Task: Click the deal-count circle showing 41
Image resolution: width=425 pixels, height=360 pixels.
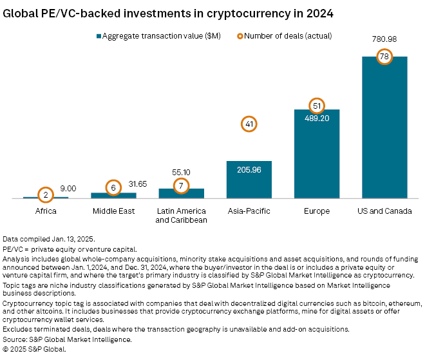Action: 249,124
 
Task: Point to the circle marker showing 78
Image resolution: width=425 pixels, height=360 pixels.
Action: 384,57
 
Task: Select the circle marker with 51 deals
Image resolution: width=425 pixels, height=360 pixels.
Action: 316,106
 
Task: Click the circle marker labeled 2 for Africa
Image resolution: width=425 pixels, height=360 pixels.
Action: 45,194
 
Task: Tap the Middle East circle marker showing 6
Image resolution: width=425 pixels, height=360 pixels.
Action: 113,187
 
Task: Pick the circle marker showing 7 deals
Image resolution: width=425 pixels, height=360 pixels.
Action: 181,186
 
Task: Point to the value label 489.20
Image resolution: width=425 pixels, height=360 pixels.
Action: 316,118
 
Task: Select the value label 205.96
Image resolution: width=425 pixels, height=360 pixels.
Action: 249,170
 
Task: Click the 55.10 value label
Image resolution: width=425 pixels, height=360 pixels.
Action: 181,173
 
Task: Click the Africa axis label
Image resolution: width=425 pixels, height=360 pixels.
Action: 45,211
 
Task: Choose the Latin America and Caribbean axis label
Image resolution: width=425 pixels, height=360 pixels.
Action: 181,215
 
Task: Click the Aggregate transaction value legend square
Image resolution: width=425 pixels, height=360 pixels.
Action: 98,36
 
